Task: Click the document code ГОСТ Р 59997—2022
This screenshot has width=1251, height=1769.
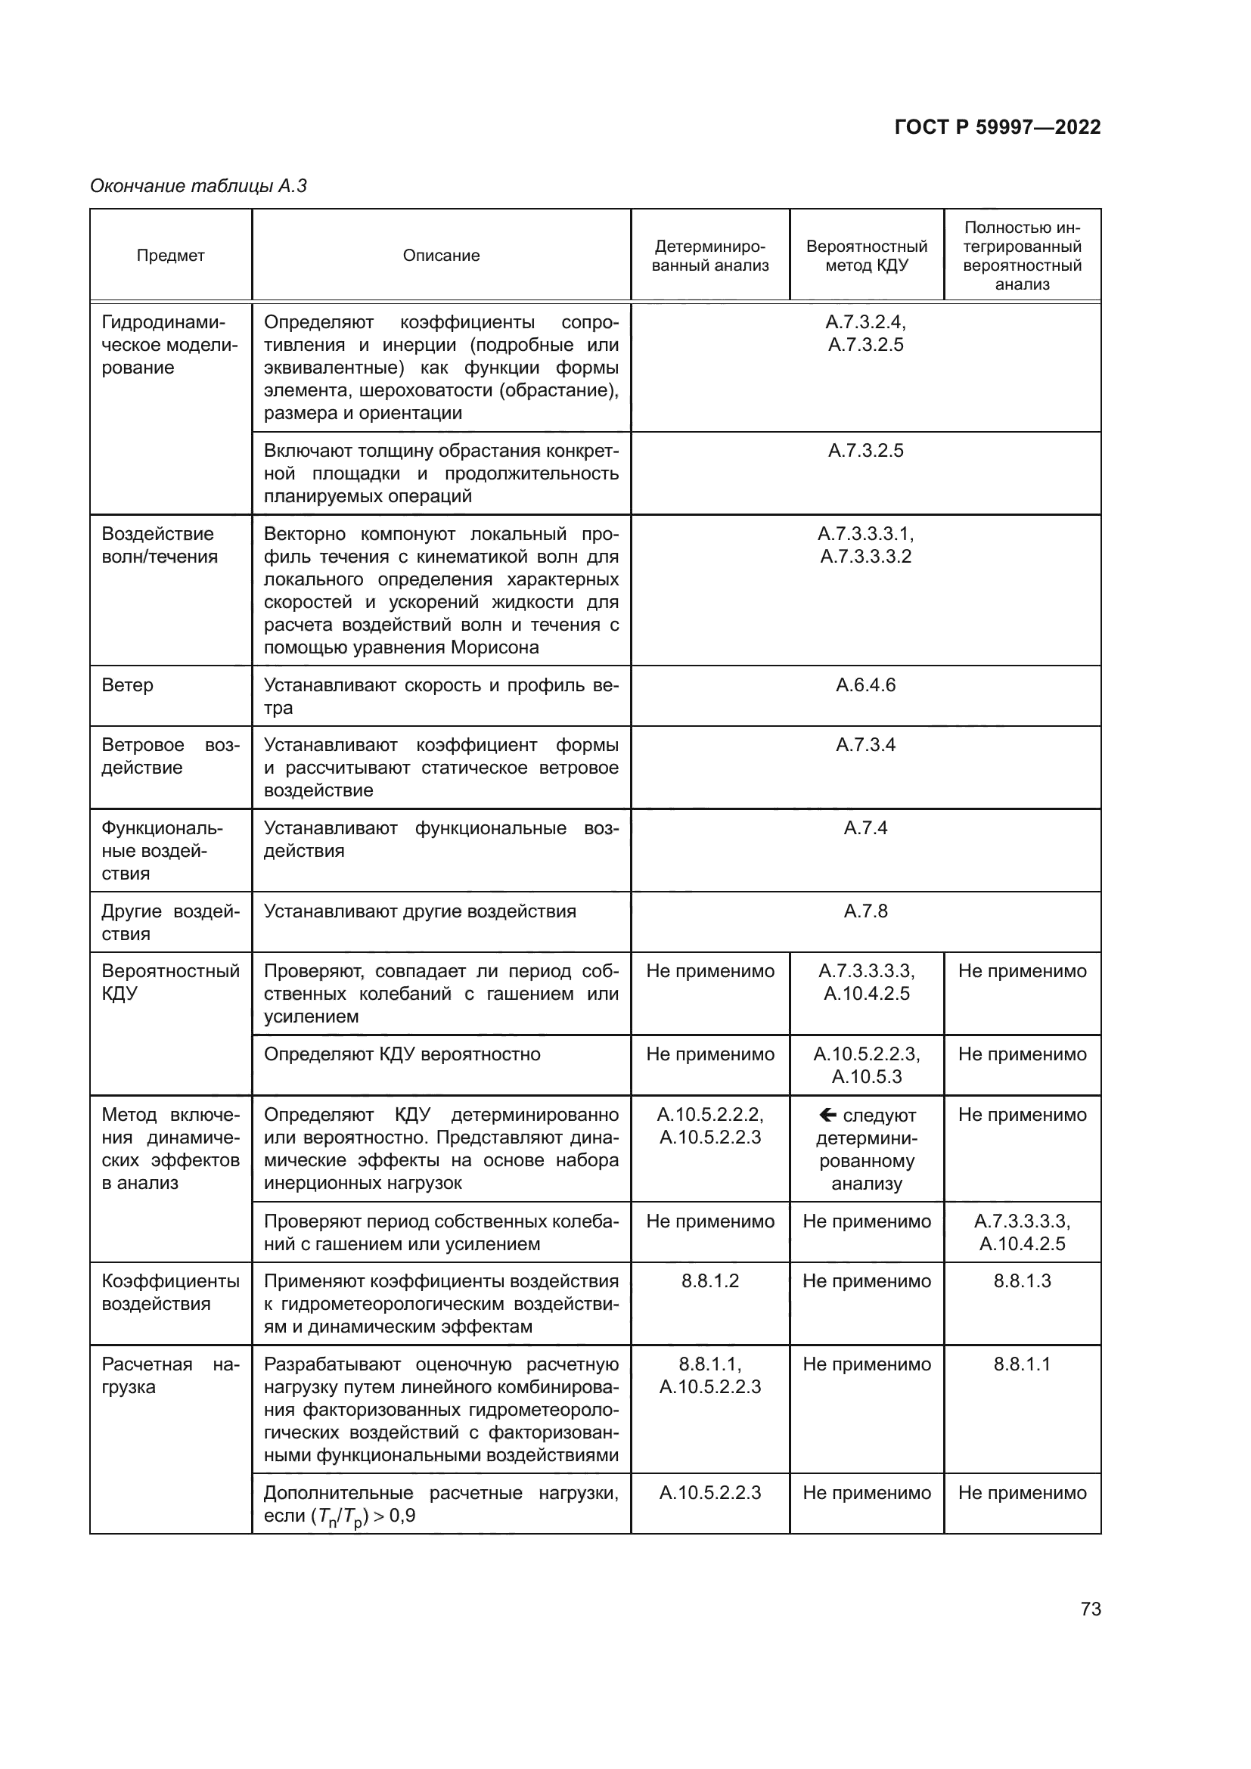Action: pyautogui.click(x=997, y=127)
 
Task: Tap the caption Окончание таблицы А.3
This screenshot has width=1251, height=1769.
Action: pyautogui.click(x=198, y=186)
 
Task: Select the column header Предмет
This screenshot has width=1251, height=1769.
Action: pyautogui.click(x=170, y=256)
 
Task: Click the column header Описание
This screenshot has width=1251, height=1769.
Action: pyautogui.click(x=441, y=256)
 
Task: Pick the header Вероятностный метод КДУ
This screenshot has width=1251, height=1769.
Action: pyautogui.click(x=866, y=256)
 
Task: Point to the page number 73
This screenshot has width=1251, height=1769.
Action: pyautogui.click(x=1090, y=1609)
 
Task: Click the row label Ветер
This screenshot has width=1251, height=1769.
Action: pyautogui.click(x=127, y=685)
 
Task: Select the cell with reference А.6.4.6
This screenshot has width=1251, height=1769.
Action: pyautogui.click(x=865, y=685)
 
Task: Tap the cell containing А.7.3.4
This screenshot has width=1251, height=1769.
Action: pyautogui.click(x=865, y=745)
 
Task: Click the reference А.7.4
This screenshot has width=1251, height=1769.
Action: pyautogui.click(x=865, y=828)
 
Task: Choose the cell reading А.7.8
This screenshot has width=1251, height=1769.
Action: pyautogui.click(x=865, y=911)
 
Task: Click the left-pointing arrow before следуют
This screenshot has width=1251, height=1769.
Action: pyautogui.click(x=827, y=1115)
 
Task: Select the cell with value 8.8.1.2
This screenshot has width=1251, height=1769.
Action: pyautogui.click(x=709, y=1281)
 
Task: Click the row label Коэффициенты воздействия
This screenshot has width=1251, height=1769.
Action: pyautogui.click(x=170, y=1292)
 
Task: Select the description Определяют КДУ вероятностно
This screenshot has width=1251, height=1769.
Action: pyautogui.click(x=402, y=1054)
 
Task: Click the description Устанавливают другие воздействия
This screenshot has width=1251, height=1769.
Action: pyautogui.click(x=419, y=911)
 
